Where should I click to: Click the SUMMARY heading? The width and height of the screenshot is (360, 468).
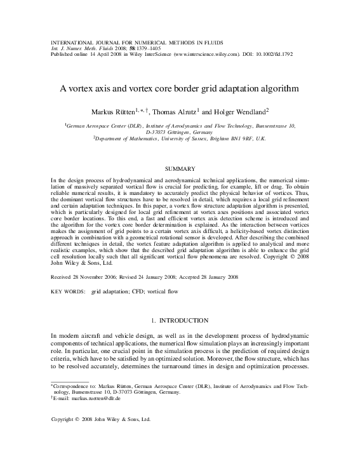[x=180, y=168]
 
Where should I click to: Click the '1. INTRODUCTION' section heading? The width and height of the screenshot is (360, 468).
[x=180, y=321]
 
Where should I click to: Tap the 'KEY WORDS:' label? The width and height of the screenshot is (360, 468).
[x=68, y=291]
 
